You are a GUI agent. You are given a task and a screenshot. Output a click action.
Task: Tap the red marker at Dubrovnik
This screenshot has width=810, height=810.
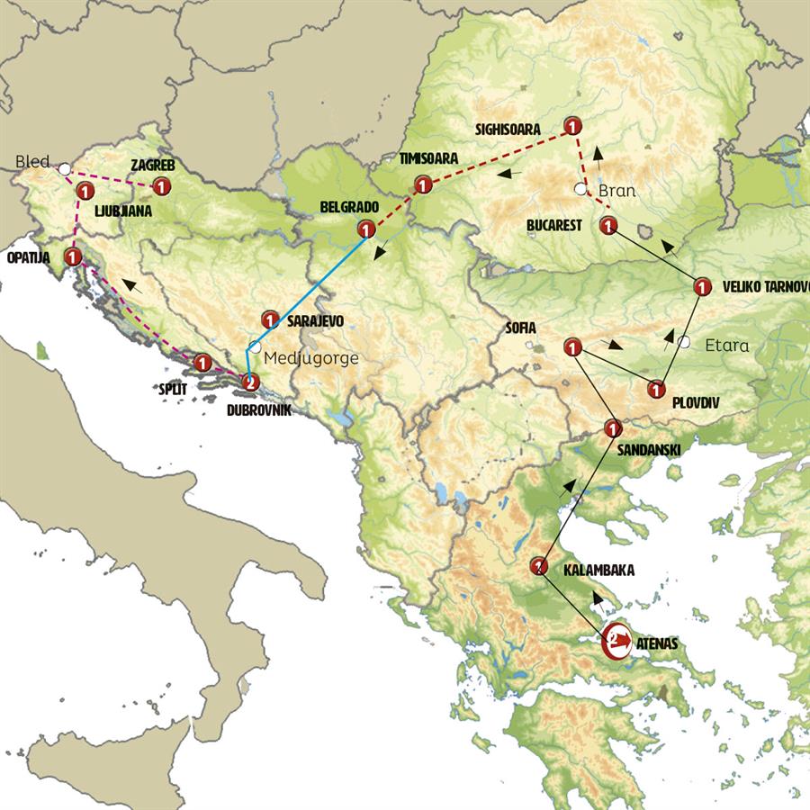click(251, 382)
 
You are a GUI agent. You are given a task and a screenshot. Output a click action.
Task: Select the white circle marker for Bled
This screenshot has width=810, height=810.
click(64, 168)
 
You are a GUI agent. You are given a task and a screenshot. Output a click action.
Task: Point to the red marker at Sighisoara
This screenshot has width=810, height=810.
click(571, 125)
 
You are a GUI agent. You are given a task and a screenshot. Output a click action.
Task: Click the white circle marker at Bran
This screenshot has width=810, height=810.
click(580, 189)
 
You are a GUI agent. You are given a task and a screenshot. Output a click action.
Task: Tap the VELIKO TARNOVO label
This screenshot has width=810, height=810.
click(765, 287)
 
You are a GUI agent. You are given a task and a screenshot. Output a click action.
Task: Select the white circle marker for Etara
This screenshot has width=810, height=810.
click(685, 342)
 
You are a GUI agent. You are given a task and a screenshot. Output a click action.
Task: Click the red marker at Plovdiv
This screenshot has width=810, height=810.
click(656, 390)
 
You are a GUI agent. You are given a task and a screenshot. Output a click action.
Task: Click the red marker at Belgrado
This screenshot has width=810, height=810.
click(366, 229)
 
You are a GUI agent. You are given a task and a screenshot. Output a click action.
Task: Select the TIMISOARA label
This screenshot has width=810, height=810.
click(428, 158)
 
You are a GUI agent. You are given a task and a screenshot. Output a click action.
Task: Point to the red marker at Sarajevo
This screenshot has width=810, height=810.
click(269, 319)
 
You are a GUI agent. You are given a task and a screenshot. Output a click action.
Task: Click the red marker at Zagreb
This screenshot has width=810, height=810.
click(161, 187)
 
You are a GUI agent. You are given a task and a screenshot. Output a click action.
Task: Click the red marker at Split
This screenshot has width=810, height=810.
click(202, 363)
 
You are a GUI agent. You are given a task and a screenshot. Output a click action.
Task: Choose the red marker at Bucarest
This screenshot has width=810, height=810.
click(608, 225)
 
